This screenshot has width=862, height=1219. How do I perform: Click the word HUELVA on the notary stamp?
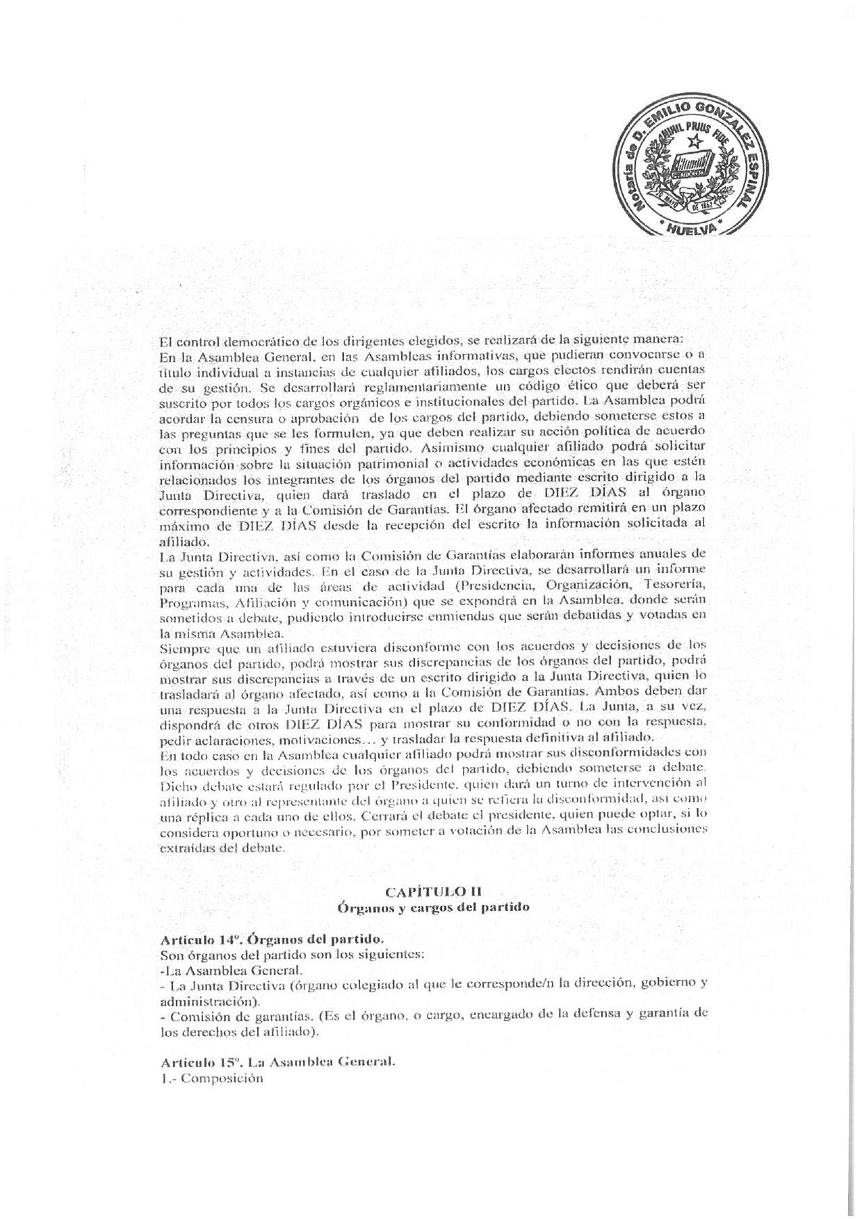pos(690,228)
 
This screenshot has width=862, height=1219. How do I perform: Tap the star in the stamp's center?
pos(692,143)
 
